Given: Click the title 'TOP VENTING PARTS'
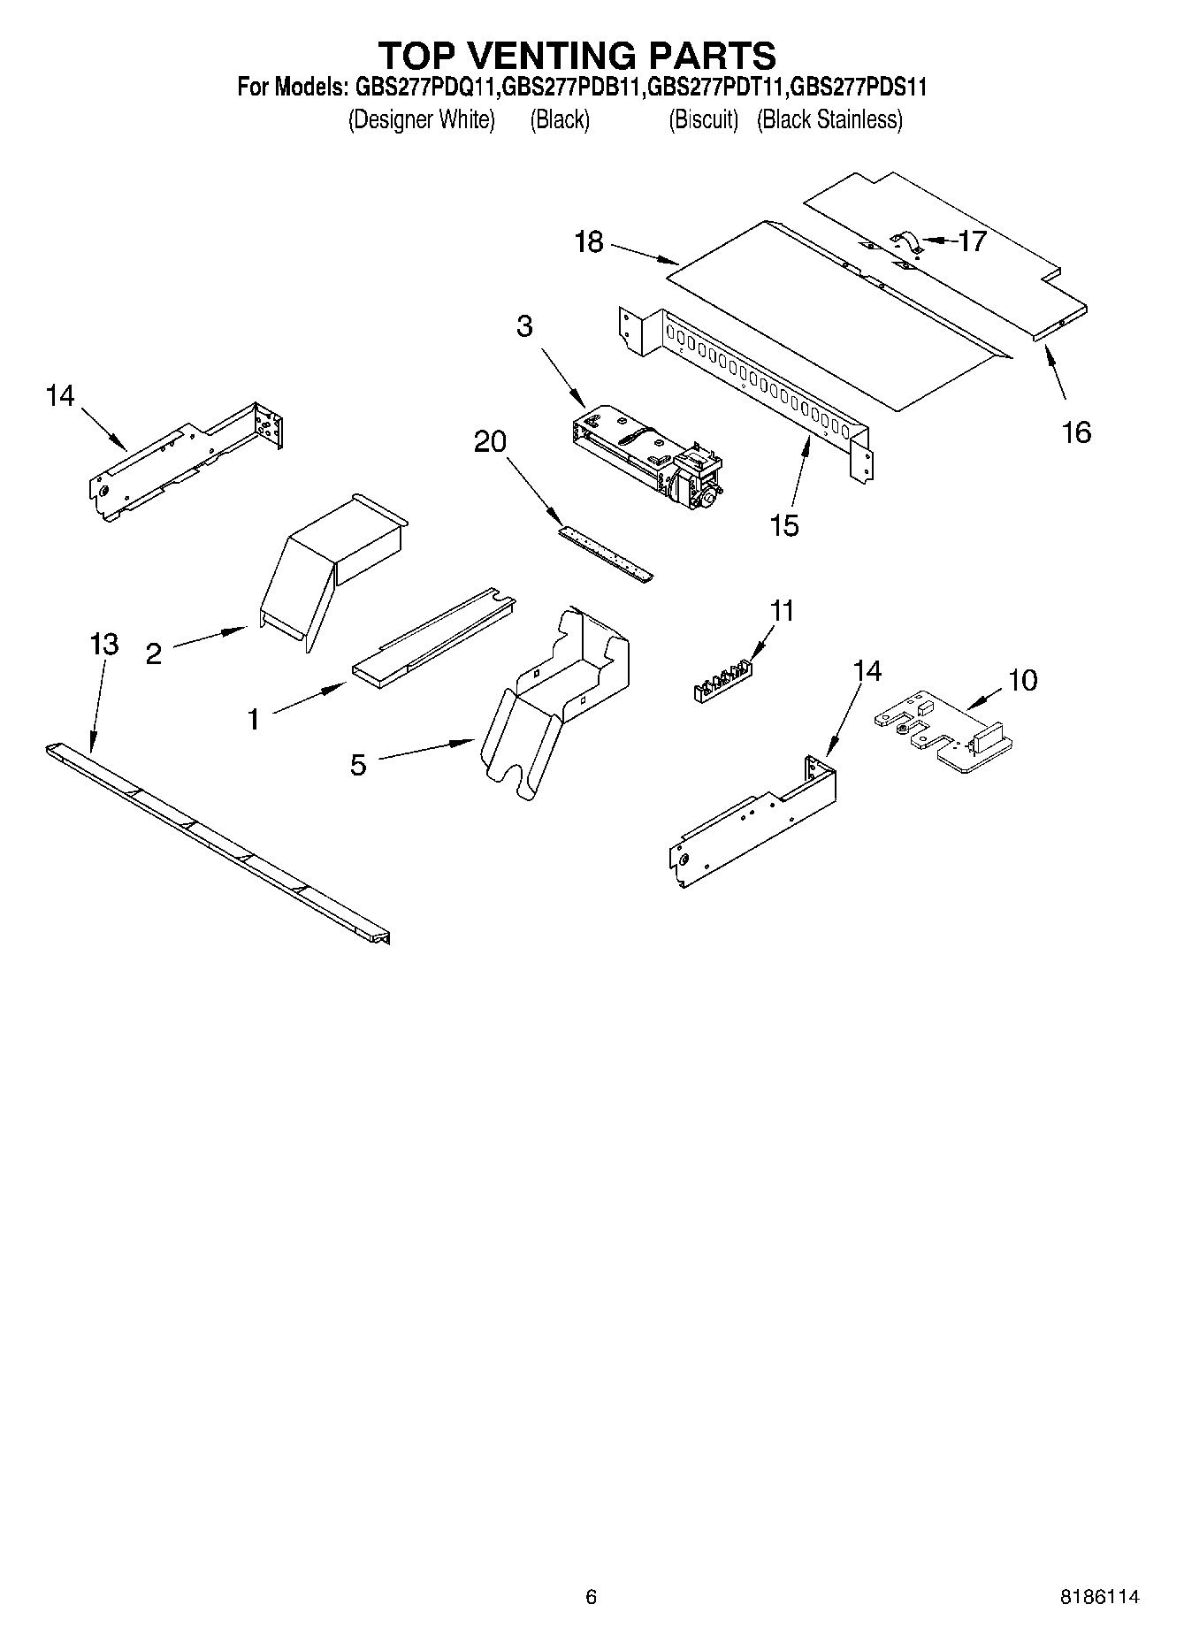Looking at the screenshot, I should (x=577, y=55).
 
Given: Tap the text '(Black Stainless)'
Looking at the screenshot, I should (x=829, y=120).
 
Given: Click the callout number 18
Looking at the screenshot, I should (x=589, y=241).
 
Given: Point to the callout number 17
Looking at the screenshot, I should (x=972, y=241).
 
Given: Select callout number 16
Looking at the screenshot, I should (x=1076, y=432).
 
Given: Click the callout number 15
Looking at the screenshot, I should (x=783, y=525).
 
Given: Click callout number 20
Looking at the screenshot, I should (x=490, y=440).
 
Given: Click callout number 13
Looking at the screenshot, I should (x=104, y=644).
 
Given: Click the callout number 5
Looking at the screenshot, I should (x=357, y=765).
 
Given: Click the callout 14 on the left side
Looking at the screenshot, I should (x=60, y=395).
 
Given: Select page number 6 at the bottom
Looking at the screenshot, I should (x=592, y=1596).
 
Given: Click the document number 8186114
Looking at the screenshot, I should (x=1100, y=1596).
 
